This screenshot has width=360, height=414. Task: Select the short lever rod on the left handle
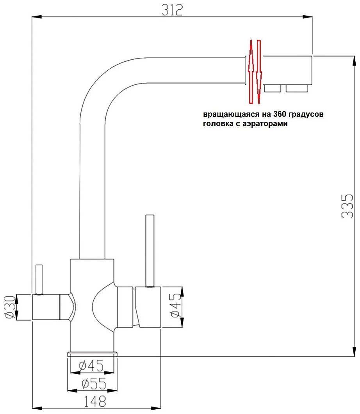point(38,279)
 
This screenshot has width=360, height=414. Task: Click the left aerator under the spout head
point(273,88)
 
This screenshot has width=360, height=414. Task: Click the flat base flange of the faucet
point(92,354)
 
